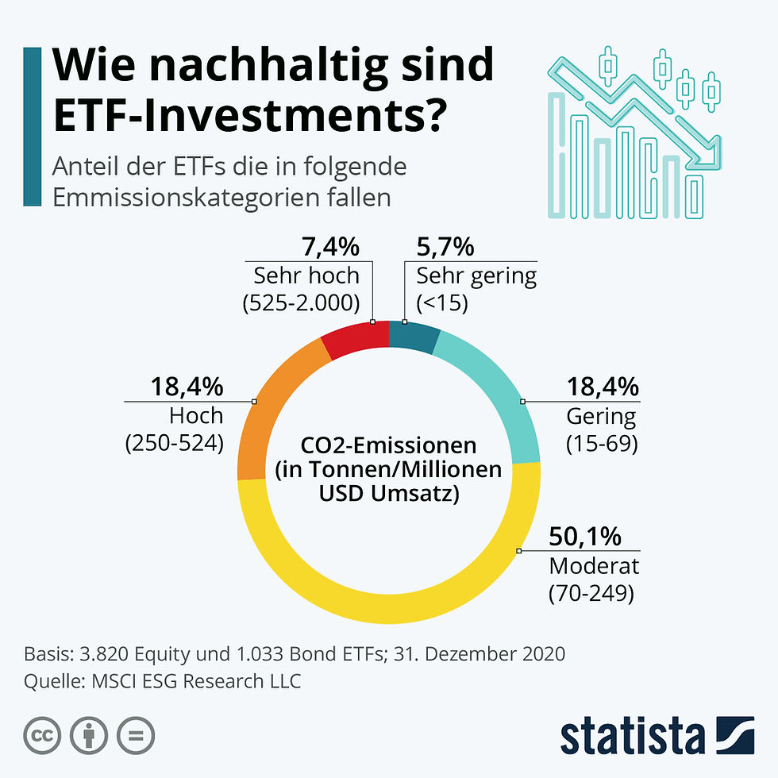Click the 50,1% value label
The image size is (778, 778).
tap(584, 537)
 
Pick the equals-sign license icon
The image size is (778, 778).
tap(136, 737)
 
